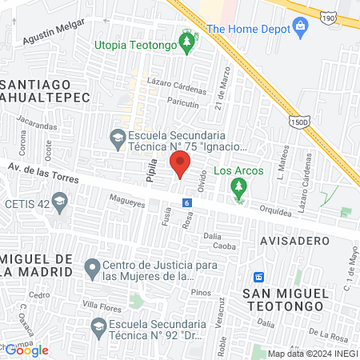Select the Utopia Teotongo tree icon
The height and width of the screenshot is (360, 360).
tap(187, 42)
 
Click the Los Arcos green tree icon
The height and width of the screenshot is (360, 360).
tap(238, 188)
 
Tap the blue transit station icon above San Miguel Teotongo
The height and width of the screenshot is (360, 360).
tap(259, 277)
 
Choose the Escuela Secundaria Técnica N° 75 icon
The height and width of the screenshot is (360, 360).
tap(118, 138)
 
